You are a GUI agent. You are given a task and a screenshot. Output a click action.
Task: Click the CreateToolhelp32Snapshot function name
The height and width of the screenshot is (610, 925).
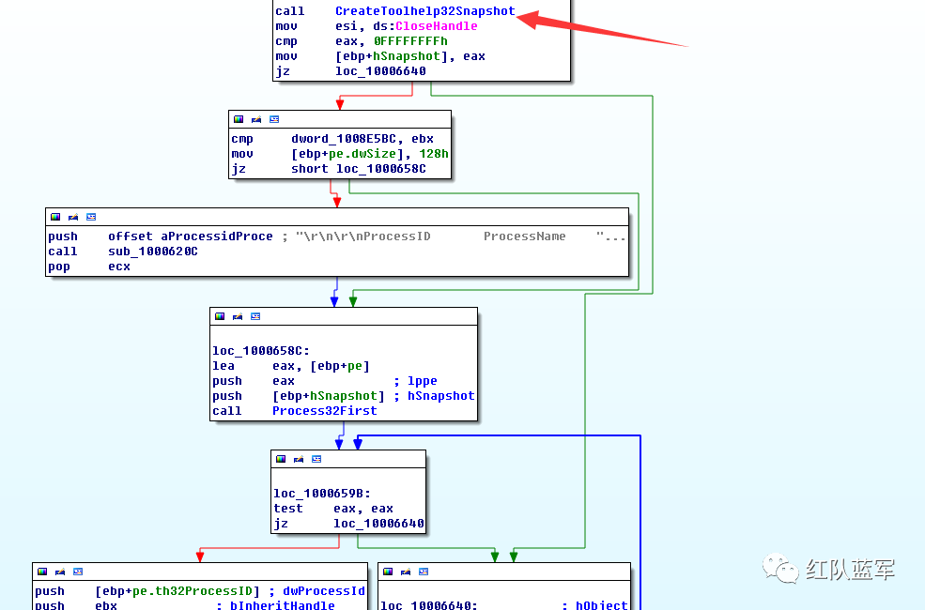coord(424,11)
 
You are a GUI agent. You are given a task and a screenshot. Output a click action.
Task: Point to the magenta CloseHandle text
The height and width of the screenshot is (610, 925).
coord(436,26)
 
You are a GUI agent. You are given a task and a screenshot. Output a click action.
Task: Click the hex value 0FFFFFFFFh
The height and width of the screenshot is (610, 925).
coord(410,41)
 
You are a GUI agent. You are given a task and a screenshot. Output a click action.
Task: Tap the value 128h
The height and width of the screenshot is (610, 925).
coord(434,154)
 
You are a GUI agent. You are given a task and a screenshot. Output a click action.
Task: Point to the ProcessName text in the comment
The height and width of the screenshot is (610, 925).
coord(524,236)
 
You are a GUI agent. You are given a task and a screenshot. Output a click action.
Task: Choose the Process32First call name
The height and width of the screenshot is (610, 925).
coord(324,411)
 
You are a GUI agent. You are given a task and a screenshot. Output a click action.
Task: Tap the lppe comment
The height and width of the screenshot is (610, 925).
coord(423,381)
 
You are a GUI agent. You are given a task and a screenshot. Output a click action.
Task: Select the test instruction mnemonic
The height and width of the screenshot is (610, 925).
coord(288,509)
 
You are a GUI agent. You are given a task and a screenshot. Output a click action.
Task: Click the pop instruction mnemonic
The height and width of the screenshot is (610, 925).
coord(59,267)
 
